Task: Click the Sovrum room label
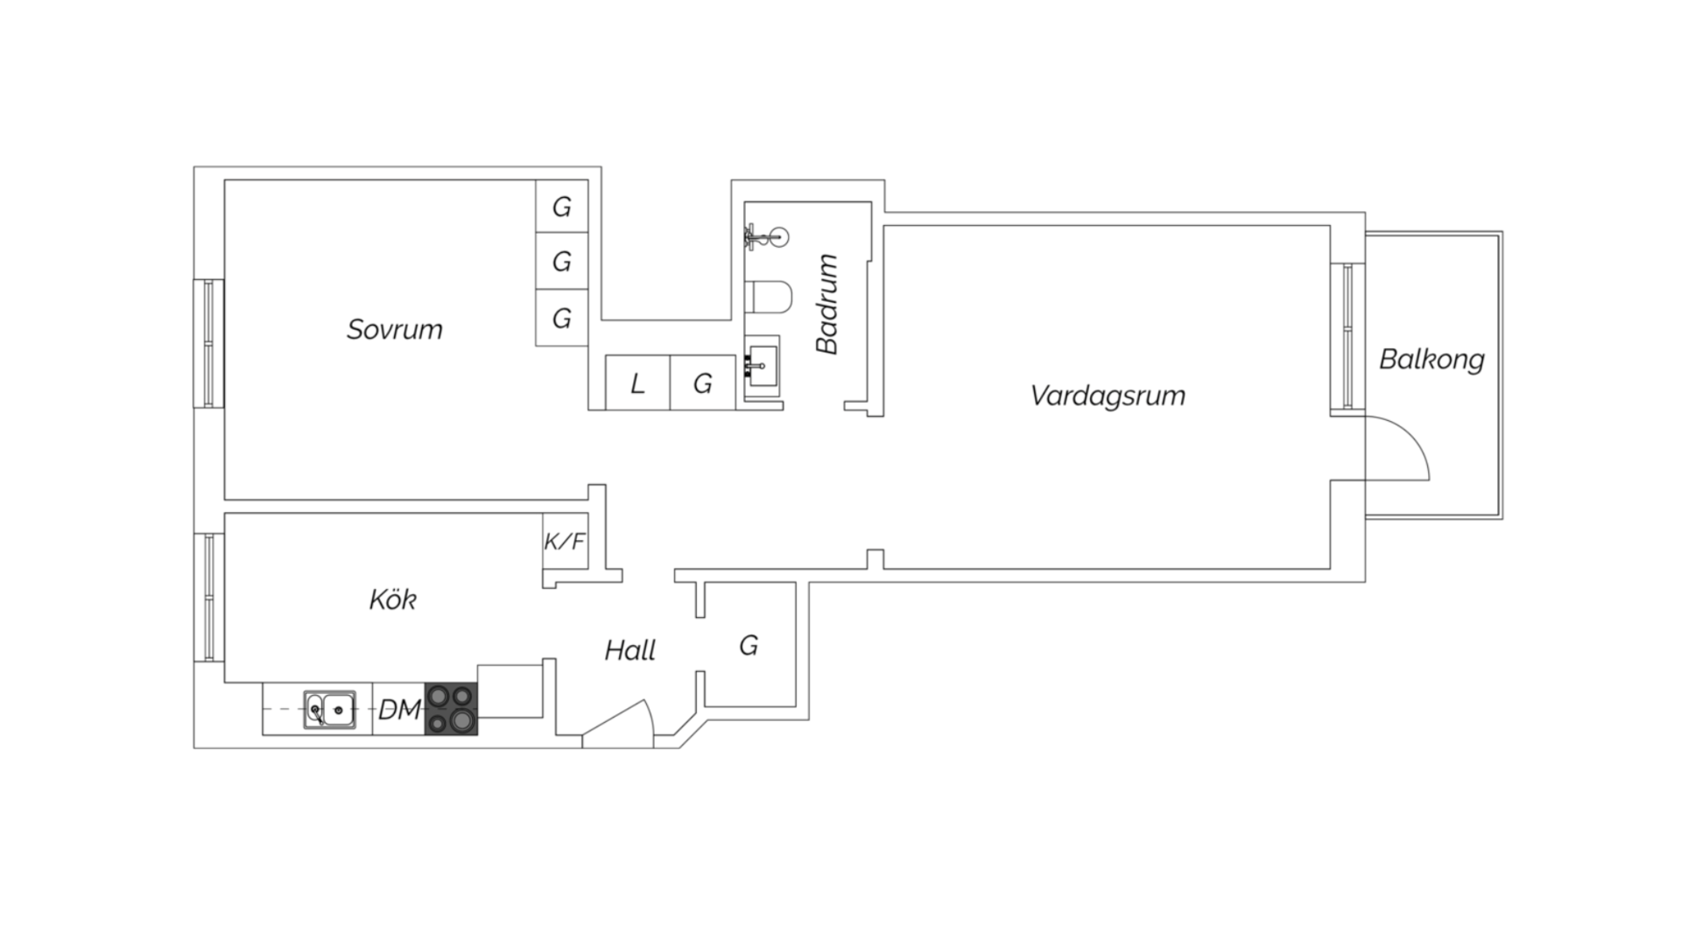(x=394, y=329)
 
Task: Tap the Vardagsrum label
(x=1108, y=396)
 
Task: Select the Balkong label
(x=1431, y=360)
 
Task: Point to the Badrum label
(x=827, y=305)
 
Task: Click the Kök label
(x=392, y=600)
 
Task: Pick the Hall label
(x=630, y=650)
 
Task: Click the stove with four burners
(x=452, y=709)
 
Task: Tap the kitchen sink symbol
(x=330, y=710)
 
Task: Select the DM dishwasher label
(x=399, y=710)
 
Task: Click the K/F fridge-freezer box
(x=565, y=542)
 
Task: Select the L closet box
(x=637, y=382)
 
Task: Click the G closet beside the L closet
(x=702, y=382)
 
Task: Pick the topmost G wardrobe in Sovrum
(x=561, y=207)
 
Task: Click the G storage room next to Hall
(x=749, y=646)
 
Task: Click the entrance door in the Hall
(x=618, y=725)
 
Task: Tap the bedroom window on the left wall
(x=208, y=343)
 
